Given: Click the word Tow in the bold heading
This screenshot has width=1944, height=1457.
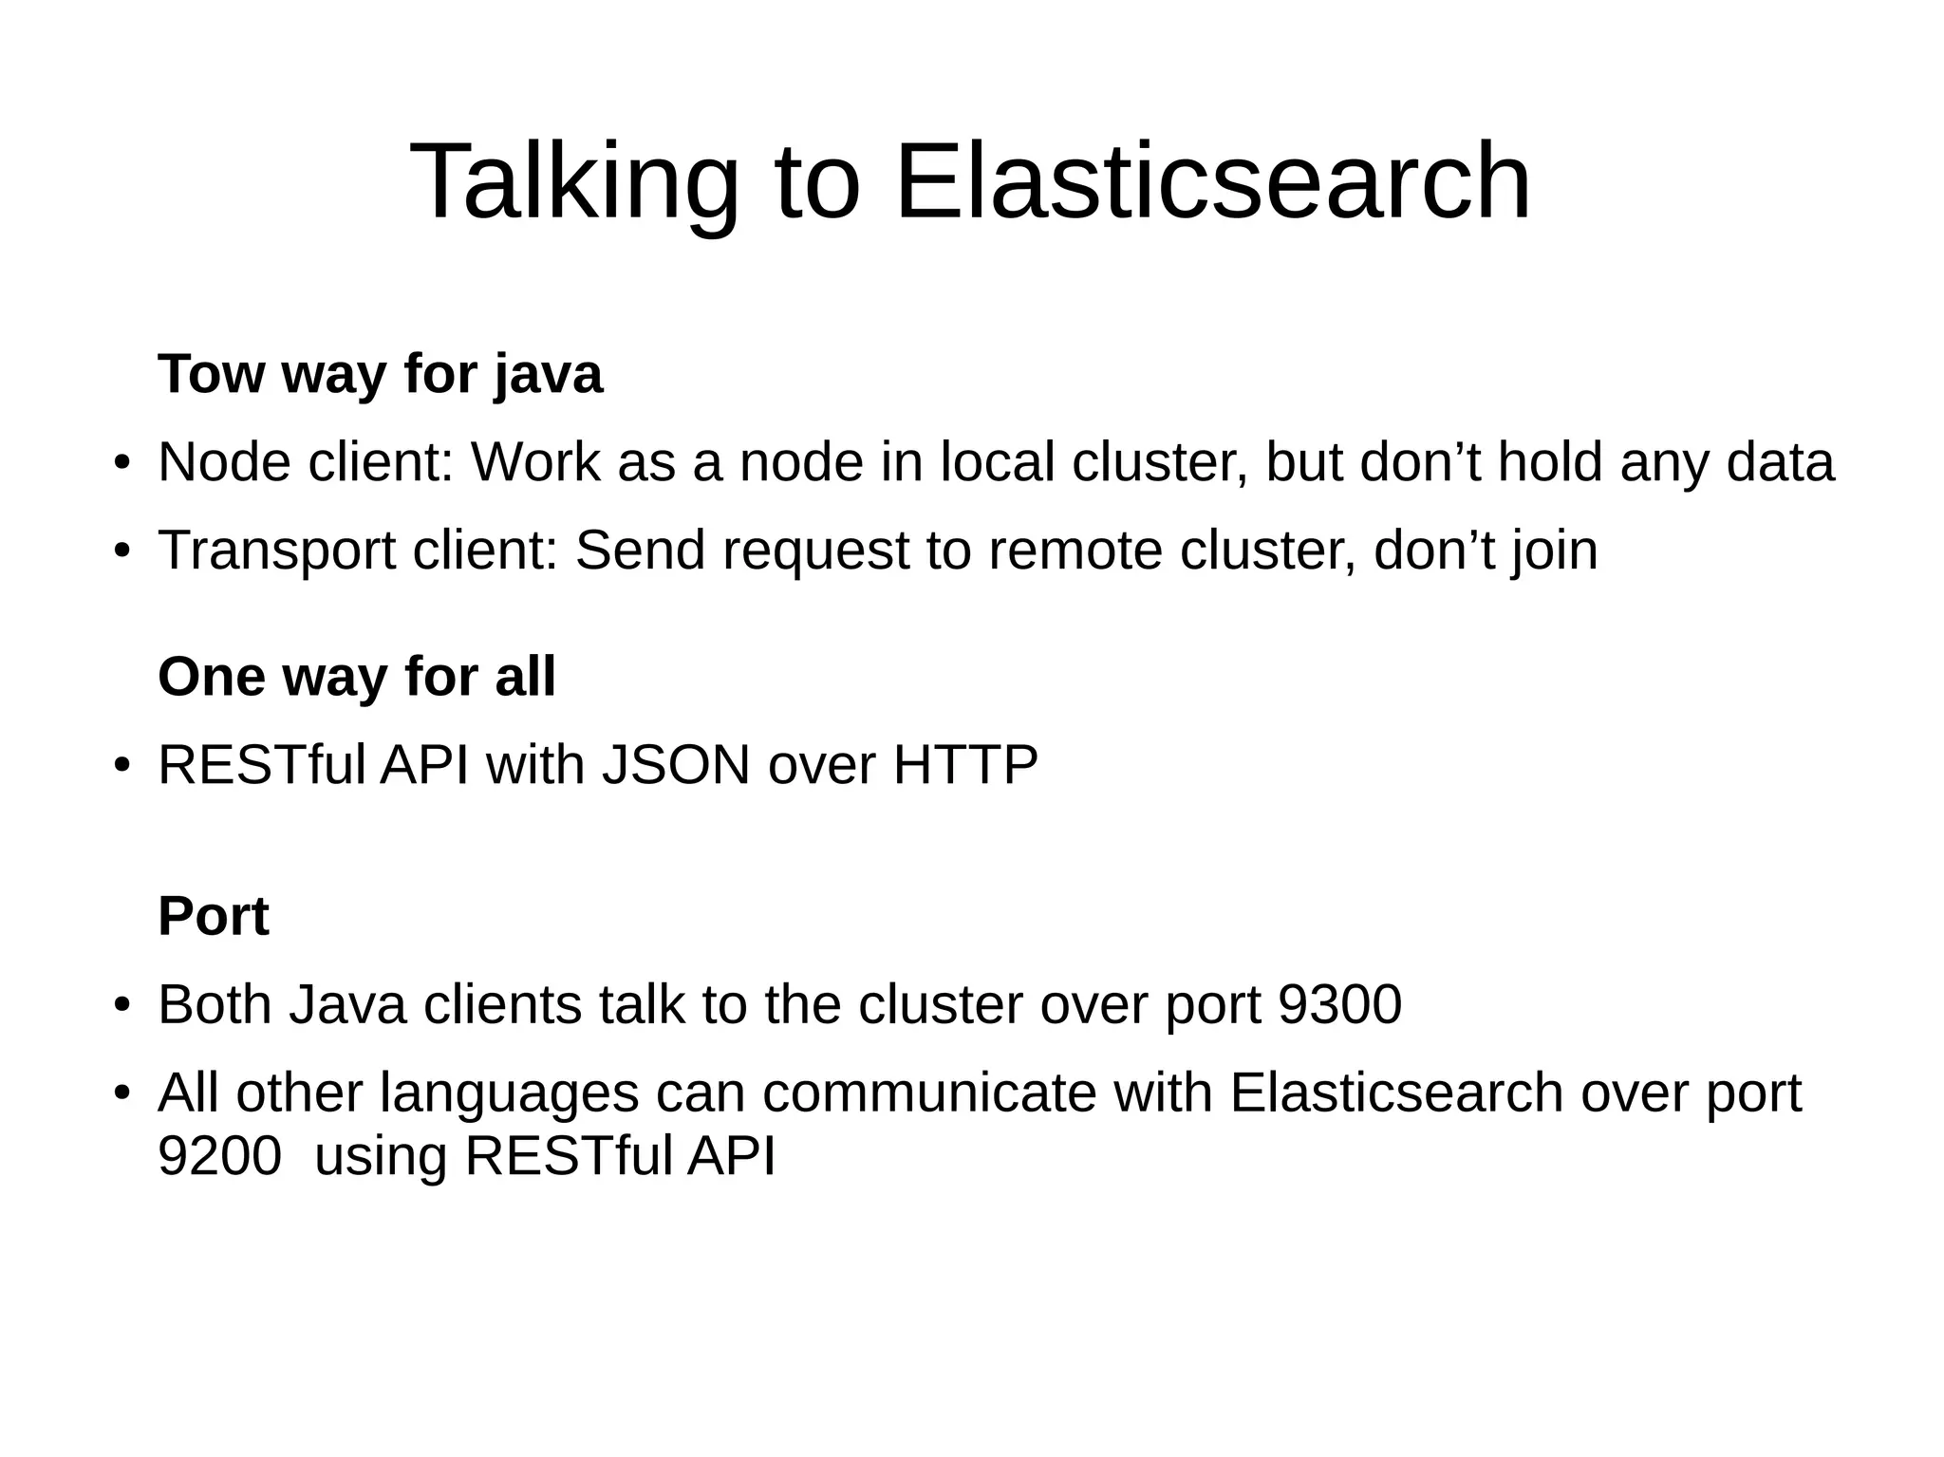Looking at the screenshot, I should tap(212, 374).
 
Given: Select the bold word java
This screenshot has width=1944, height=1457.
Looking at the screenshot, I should tap(548, 374).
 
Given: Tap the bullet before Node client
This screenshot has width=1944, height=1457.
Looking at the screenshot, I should tap(121, 464).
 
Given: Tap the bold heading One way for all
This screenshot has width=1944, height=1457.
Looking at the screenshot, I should tap(357, 677).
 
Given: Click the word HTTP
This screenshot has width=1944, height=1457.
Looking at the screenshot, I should tap(965, 765).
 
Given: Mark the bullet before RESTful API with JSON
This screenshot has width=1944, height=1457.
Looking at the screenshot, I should tap(121, 766).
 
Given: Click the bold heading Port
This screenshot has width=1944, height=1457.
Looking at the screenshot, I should tap(214, 916).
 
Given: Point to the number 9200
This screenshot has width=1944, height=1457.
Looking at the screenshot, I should tap(219, 1156).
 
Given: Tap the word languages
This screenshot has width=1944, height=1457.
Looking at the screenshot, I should tap(510, 1093).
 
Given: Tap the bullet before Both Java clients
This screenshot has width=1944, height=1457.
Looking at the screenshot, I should tap(121, 1006).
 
